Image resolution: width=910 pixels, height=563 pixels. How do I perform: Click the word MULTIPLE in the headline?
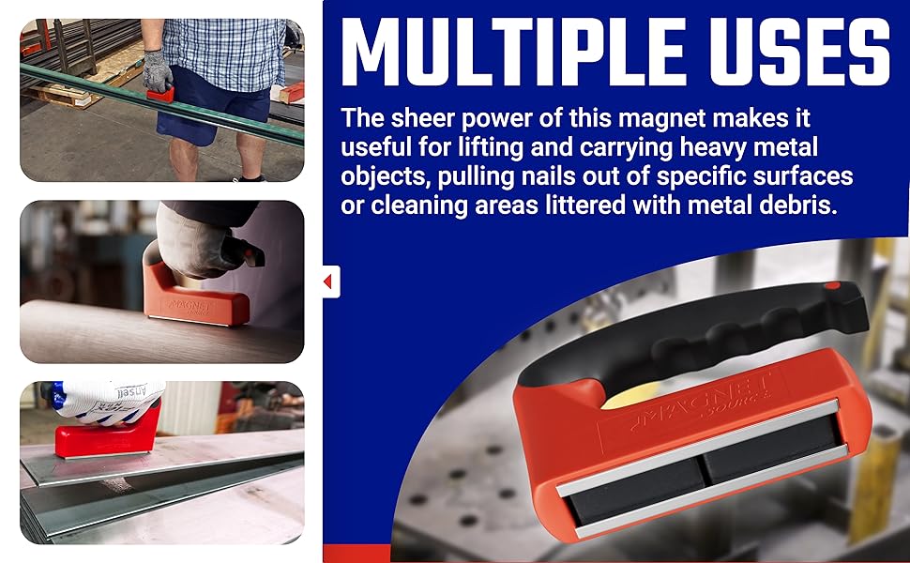pyautogui.click(x=512, y=54)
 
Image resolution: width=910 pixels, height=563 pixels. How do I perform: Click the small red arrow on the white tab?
pyautogui.click(x=328, y=281)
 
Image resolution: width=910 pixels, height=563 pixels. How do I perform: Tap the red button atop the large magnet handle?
pyautogui.click(x=831, y=285)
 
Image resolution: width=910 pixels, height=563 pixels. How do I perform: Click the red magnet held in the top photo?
pyautogui.click(x=159, y=93)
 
